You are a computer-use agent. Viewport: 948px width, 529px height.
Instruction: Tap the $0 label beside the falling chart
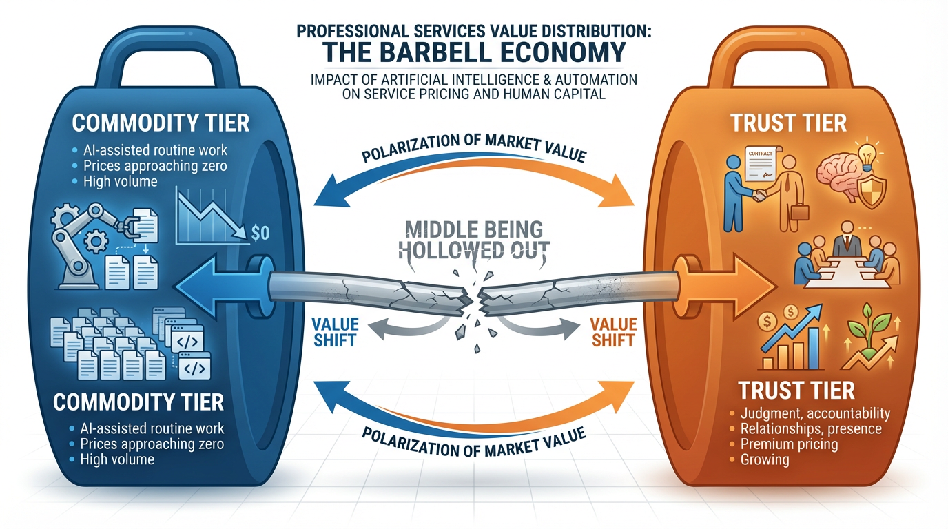(x=261, y=233)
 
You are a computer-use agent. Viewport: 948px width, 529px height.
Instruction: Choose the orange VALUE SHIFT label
(x=612, y=331)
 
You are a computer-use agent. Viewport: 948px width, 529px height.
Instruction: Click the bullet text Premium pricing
(x=789, y=444)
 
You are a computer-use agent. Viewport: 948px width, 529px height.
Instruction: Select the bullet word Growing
(x=765, y=459)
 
